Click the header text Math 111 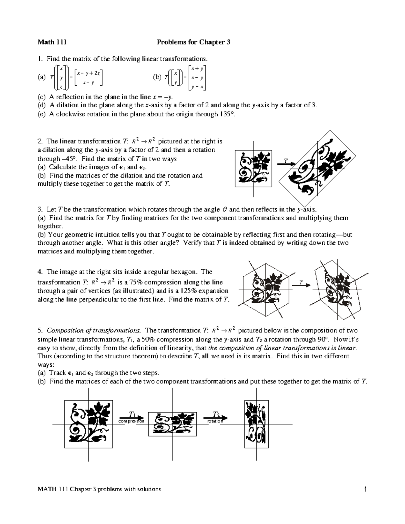[52, 42]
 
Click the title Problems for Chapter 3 [193, 42]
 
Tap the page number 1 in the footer [365, 489]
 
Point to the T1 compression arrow [131, 417]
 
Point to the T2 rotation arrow [215, 417]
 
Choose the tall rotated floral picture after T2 [256, 424]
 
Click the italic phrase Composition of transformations [93, 330]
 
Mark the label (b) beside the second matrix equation [157, 78]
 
